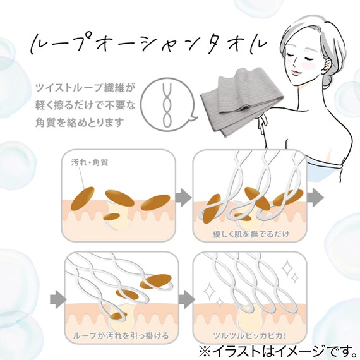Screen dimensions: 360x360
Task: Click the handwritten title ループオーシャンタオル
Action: coord(148,45)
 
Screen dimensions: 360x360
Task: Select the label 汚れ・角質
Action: coord(90,163)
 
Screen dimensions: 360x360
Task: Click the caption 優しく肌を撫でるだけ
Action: coord(251,234)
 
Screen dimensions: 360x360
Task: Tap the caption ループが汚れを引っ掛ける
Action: coord(121,335)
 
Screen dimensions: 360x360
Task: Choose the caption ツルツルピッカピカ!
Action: coord(250,335)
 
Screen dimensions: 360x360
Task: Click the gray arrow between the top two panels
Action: coord(184,197)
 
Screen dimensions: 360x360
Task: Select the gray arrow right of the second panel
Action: coord(315,198)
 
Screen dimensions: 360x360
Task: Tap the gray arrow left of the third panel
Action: coord(58,299)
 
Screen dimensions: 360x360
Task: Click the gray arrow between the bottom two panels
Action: coord(186,299)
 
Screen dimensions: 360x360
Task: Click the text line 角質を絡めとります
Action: coord(80,123)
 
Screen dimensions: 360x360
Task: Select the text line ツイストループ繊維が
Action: coord(84,88)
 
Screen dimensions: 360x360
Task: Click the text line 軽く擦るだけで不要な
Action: coord(85,105)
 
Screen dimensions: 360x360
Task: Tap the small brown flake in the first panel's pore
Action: coord(112,217)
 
